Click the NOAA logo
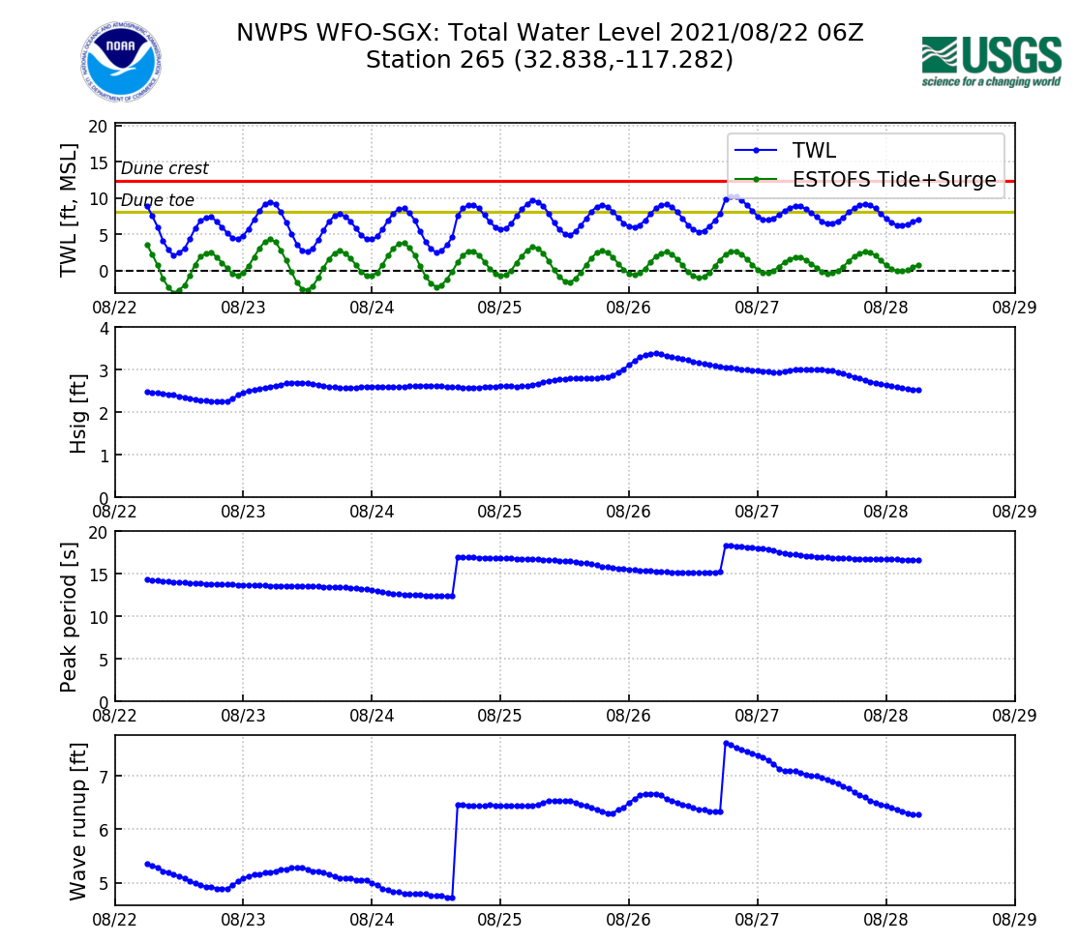coord(121,62)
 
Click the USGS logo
coord(991,61)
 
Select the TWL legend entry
coord(814,150)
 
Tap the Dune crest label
coord(165,168)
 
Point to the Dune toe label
coord(158,200)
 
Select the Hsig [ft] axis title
coord(77,412)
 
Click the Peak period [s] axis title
coord(69,616)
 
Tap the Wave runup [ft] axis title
coord(78,820)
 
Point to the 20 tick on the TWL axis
coord(97,127)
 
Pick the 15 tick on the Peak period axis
coord(97,575)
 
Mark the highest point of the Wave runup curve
coord(726,743)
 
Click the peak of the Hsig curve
coord(657,353)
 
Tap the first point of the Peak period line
coord(147,579)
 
